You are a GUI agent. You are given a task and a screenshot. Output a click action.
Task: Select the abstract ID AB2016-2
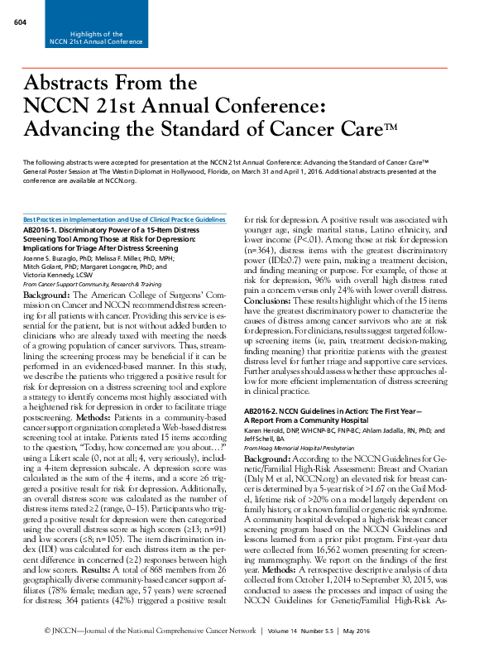[x=264, y=410]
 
